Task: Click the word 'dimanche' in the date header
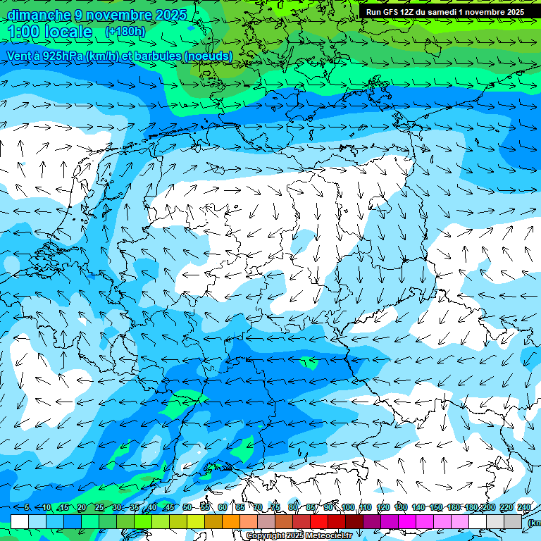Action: [x=39, y=15]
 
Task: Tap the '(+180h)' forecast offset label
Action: [x=125, y=32]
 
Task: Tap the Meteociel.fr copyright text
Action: [x=299, y=536]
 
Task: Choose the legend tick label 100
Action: [x=348, y=508]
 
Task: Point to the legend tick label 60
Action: [x=223, y=508]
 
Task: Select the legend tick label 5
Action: [x=26, y=508]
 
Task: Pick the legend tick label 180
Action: [x=471, y=508]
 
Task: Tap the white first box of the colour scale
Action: [x=20, y=521]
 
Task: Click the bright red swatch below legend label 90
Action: [x=319, y=521]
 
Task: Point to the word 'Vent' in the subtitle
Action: [x=20, y=56]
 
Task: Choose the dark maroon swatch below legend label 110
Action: [x=354, y=521]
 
